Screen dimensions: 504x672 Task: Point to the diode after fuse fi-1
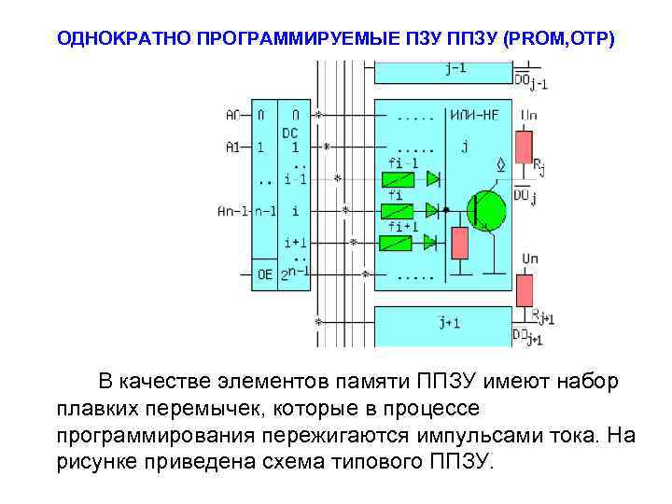pos(433,178)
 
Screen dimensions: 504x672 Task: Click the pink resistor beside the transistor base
pos(458,243)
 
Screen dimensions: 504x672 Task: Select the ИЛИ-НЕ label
pos(474,116)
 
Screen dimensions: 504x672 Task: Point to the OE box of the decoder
pos(265,275)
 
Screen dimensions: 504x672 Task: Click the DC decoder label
pos(290,133)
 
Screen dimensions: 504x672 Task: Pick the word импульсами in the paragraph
pos(463,435)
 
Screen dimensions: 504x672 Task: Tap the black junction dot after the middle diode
pos(447,210)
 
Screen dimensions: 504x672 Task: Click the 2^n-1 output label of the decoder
pos(295,274)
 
